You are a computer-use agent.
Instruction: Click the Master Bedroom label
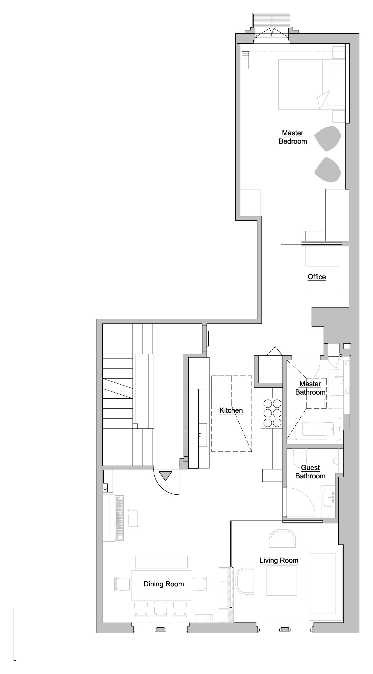(x=293, y=137)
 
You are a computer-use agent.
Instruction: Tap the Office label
(x=317, y=277)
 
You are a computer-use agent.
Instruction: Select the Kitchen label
(x=231, y=410)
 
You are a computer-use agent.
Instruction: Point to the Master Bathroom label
(x=310, y=388)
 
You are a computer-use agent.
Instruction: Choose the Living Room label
(x=279, y=561)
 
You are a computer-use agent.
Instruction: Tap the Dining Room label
(x=164, y=584)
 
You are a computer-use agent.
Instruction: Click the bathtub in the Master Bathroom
(x=318, y=429)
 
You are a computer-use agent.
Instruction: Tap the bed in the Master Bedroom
(x=311, y=84)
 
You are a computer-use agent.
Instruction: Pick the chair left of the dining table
(x=122, y=584)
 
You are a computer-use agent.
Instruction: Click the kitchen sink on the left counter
(x=202, y=435)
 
